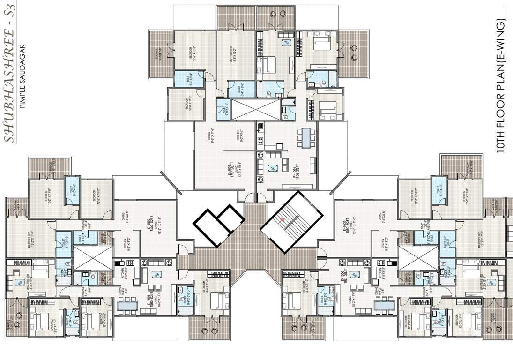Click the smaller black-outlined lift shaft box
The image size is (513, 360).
pyautogui.click(x=231, y=217)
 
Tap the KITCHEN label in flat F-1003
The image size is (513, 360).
pyautogui.click(x=240, y=136)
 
